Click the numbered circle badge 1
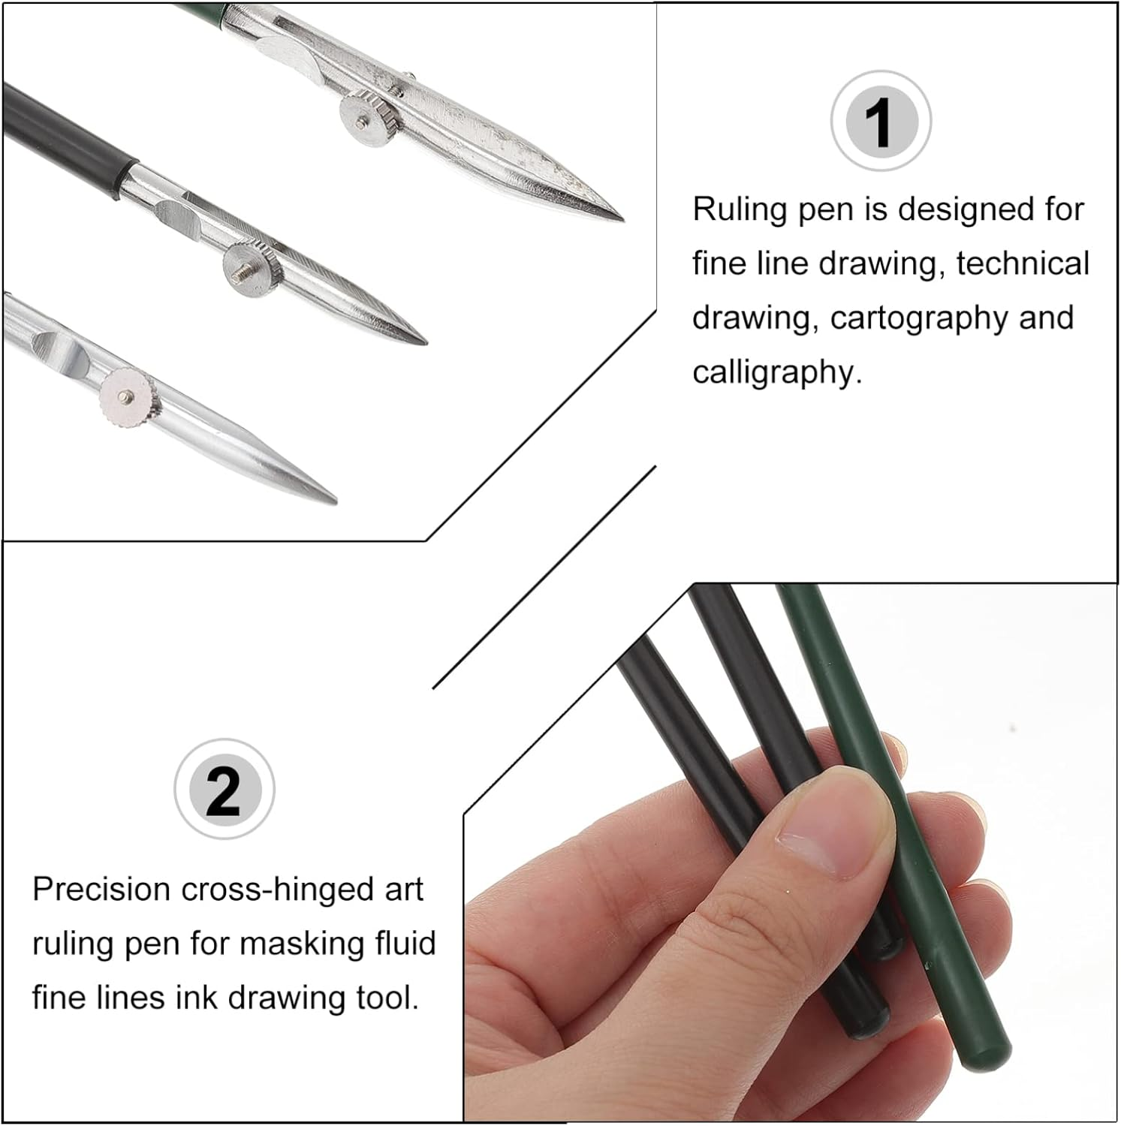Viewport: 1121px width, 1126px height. click(880, 121)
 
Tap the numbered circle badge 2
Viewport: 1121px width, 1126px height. click(224, 789)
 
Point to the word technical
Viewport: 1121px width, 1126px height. click(1023, 263)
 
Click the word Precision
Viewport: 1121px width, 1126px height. click(101, 890)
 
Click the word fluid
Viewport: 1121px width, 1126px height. click(405, 944)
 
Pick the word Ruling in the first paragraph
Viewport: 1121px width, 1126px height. click(740, 209)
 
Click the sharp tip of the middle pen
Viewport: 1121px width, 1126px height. click(424, 342)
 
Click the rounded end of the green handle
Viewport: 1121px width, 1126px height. click(986, 1056)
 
